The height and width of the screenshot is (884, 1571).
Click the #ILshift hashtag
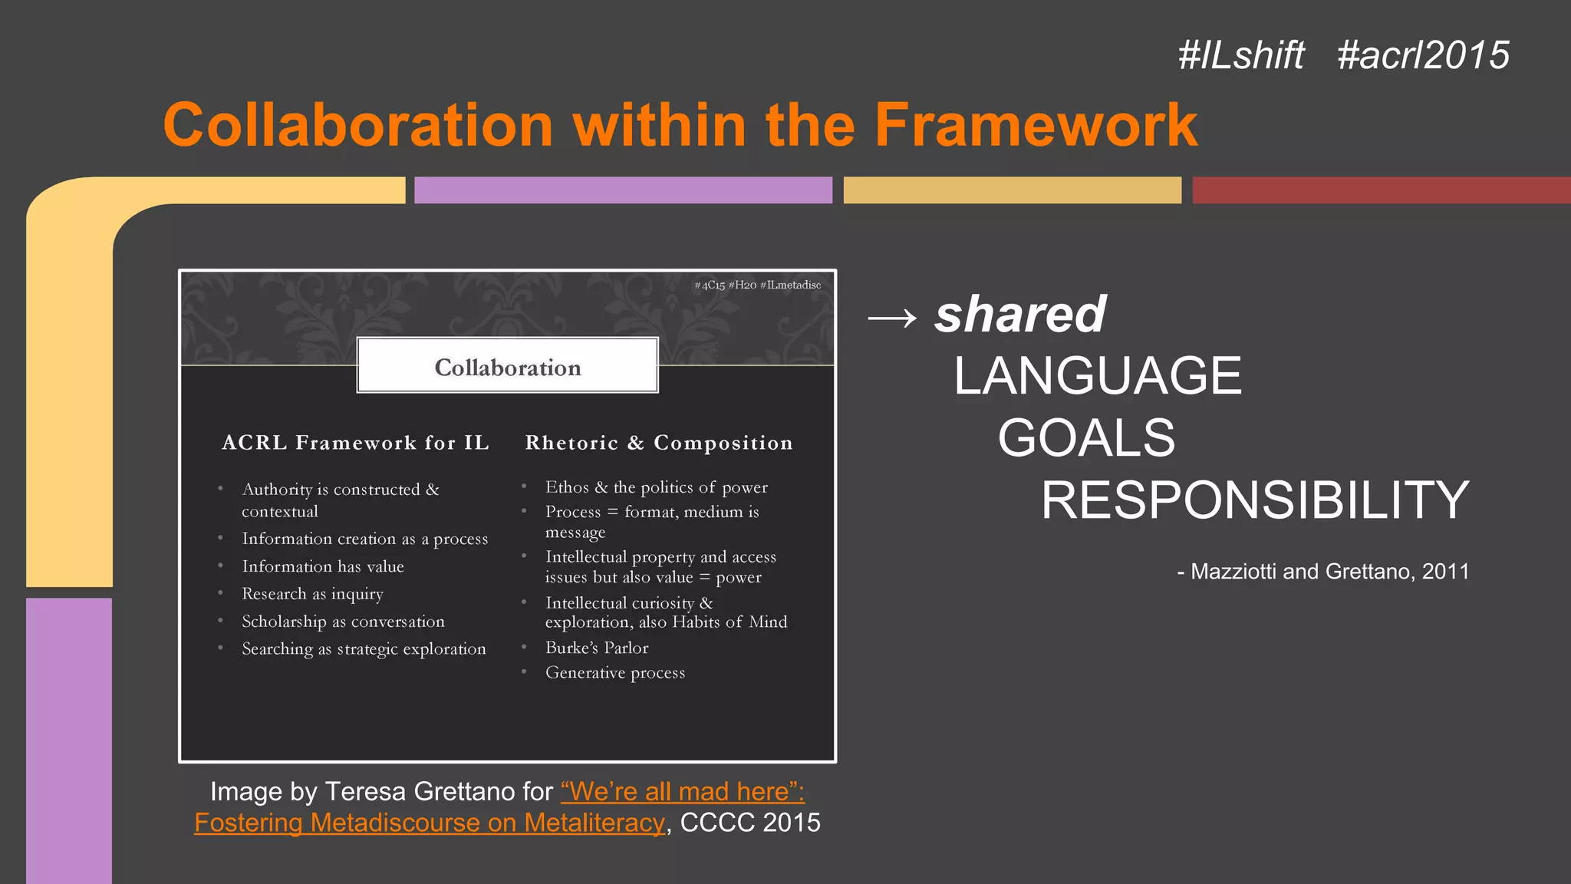(x=1240, y=55)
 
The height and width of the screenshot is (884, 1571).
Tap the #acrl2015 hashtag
(x=1423, y=55)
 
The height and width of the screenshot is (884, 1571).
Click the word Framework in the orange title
(x=1036, y=125)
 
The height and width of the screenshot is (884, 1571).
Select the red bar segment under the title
(x=1381, y=190)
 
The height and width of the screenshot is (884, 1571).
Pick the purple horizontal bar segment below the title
(x=623, y=190)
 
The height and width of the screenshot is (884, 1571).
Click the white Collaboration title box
(x=508, y=367)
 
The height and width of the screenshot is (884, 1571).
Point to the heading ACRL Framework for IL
(x=355, y=443)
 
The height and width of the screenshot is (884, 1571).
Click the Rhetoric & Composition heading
(x=659, y=443)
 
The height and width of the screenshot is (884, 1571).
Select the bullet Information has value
(x=323, y=566)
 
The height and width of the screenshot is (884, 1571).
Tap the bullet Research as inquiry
(x=312, y=594)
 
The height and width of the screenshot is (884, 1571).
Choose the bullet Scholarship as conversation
(x=343, y=622)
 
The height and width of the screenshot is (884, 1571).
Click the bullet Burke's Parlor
(x=597, y=648)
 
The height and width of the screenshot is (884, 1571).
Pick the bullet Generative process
(x=615, y=673)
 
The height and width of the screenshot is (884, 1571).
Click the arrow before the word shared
(x=892, y=316)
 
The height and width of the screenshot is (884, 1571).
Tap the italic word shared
(x=1020, y=315)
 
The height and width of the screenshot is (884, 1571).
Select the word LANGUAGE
(x=1098, y=376)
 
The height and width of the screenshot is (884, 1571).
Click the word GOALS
(x=1086, y=438)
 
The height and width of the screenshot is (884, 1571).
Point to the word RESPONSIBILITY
(x=1255, y=500)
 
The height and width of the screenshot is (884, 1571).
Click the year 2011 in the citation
(x=1445, y=572)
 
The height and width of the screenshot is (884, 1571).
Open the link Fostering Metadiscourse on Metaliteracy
(x=430, y=823)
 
